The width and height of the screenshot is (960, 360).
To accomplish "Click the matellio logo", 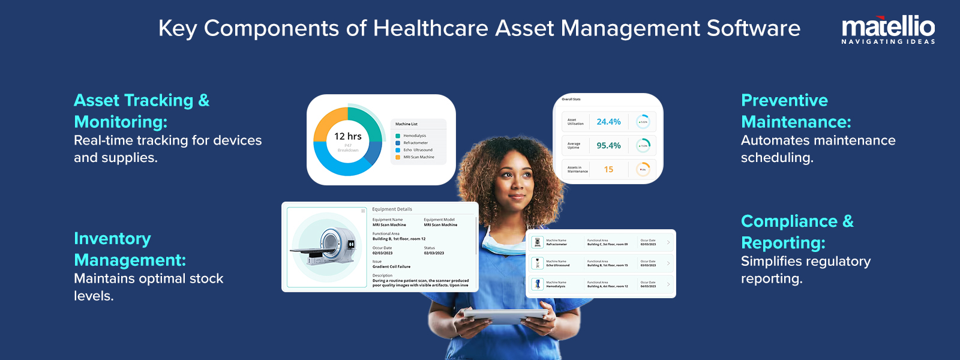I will tap(888, 29).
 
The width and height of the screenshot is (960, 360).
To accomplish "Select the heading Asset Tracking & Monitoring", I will tap(142, 111).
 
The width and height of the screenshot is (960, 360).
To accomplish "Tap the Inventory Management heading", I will tap(130, 249).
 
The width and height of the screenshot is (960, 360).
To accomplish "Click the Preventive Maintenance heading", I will tap(796, 111).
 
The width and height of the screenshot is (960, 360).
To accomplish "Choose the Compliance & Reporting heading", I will tap(797, 232).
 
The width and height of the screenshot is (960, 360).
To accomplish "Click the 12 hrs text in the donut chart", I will tap(348, 136).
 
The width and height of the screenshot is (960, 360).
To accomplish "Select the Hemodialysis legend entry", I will tap(415, 136).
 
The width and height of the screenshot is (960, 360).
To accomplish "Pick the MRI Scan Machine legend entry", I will tap(418, 157).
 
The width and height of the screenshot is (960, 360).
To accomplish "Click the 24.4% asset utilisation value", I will tap(608, 122).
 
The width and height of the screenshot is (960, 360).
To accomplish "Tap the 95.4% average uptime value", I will tap(608, 146).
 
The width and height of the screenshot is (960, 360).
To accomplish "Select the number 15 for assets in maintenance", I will tap(608, 170).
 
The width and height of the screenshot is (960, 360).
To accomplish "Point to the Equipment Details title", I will tap(392, 209).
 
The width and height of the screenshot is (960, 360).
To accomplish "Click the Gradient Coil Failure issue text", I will tap(391, 266).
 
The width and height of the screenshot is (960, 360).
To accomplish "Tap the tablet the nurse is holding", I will tap(504, 316).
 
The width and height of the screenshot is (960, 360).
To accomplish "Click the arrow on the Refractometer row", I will tap(668, 242).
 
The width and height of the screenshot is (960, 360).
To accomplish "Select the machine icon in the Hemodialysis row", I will tap(538, 284).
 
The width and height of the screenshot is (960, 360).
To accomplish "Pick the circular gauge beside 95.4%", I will tap(643, 146).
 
